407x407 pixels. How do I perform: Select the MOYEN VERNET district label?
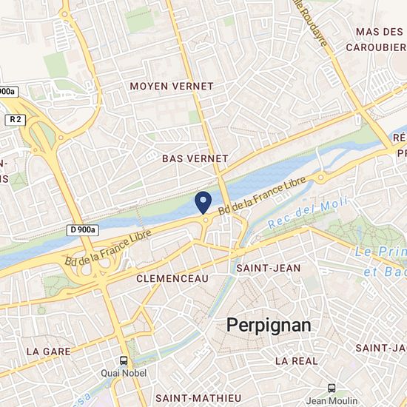(x=171, y=87)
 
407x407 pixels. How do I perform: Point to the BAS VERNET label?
(x=195, y=159)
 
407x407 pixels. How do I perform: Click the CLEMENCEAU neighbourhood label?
(x=173, y=278)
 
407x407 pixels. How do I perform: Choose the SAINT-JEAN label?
(x=268, y=268)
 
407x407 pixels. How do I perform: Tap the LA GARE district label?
(x=47, y=350)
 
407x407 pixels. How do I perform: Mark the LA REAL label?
(x=296, y=361)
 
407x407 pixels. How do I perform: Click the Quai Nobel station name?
(x=124, y=374)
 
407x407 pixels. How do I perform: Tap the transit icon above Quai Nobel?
(x=124, y=361)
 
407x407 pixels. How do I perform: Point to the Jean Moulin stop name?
(x=332, y=401)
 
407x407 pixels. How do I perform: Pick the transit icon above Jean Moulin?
(x=332, y=388)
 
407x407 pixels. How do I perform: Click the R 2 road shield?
(x=16, y=118)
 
